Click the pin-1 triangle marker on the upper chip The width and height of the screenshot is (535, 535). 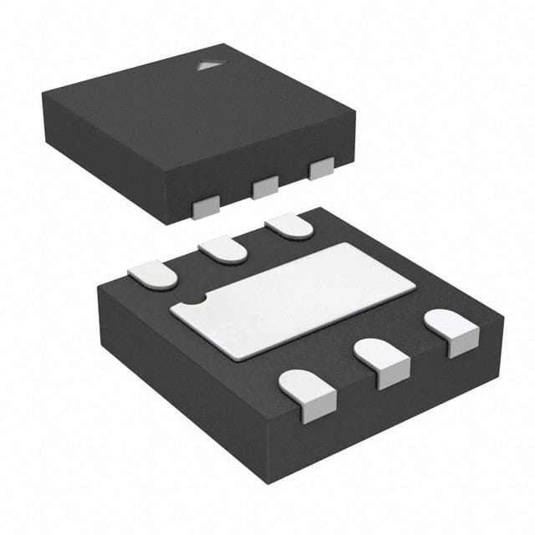click(206, 65)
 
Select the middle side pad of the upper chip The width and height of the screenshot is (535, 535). click(265, 187)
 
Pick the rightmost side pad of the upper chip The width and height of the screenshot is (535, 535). click(321, 169)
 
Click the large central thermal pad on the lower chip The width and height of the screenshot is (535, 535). click(293, 299)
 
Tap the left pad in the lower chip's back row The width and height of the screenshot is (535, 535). click(154, 273)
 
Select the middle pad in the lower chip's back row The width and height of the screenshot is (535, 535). click(223, 248)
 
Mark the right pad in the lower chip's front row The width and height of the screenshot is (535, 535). click(451, 331)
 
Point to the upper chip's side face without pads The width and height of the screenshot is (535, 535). click(109, 167)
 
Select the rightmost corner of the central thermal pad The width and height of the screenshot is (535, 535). click(415, 288)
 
